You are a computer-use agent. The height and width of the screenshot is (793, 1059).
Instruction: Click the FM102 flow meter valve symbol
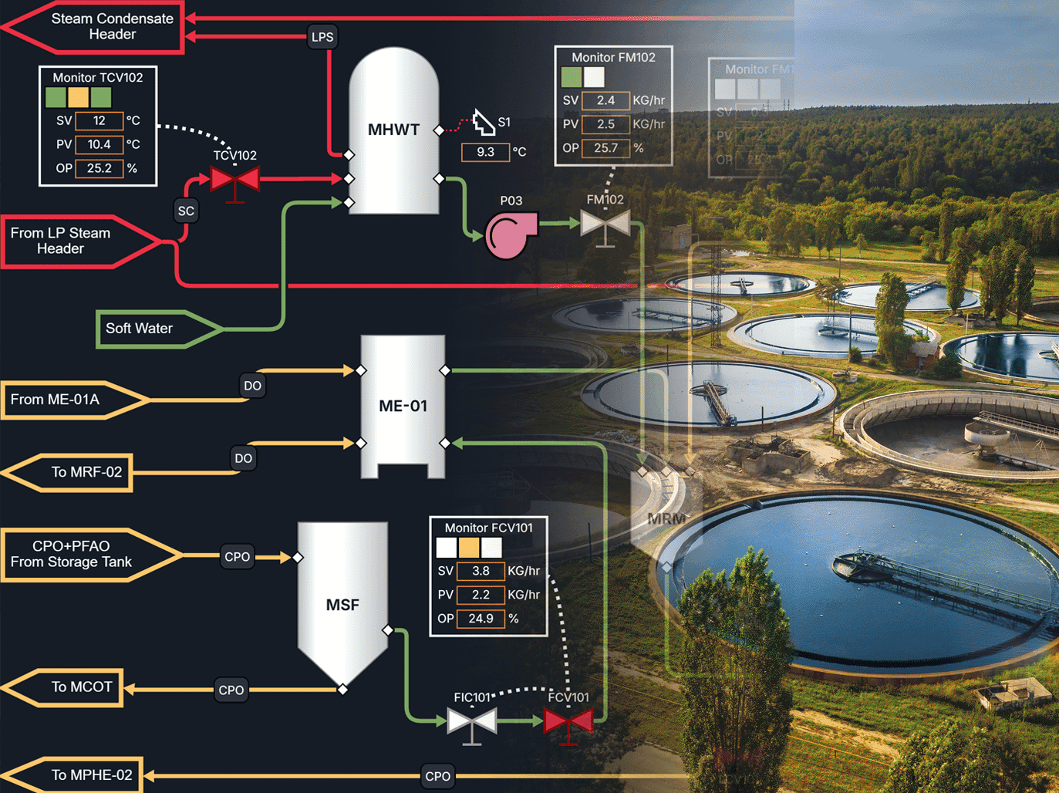[605, 224]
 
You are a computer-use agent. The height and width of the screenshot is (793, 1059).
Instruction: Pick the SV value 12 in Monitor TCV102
[99, 120]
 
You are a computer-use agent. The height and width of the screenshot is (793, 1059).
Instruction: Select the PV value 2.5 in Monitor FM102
[605, 124]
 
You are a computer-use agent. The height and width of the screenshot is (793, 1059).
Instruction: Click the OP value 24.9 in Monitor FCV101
[481, 619]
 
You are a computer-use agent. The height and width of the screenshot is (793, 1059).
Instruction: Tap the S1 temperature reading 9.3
[485, 152]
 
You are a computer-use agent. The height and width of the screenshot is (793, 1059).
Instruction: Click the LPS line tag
[322, 37]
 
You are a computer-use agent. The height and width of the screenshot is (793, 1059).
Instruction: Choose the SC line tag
[186, 211]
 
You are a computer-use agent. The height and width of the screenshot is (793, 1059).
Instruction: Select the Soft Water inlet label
[140, 329]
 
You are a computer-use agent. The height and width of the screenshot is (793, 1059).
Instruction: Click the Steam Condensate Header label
[112, 26]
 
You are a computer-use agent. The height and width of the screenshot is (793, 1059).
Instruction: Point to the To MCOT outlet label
[82, 687]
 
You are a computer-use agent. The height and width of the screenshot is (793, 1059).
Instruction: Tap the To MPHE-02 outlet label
[91, 775]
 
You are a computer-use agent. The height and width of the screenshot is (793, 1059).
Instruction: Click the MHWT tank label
[393, 130]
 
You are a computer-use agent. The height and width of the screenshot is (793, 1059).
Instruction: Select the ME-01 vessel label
[403, 406]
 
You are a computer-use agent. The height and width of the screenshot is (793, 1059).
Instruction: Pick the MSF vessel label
[342, 605]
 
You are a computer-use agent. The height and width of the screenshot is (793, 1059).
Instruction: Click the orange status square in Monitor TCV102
[78, 97]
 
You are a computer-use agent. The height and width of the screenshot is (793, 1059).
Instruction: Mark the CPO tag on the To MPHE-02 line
[437, 777]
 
